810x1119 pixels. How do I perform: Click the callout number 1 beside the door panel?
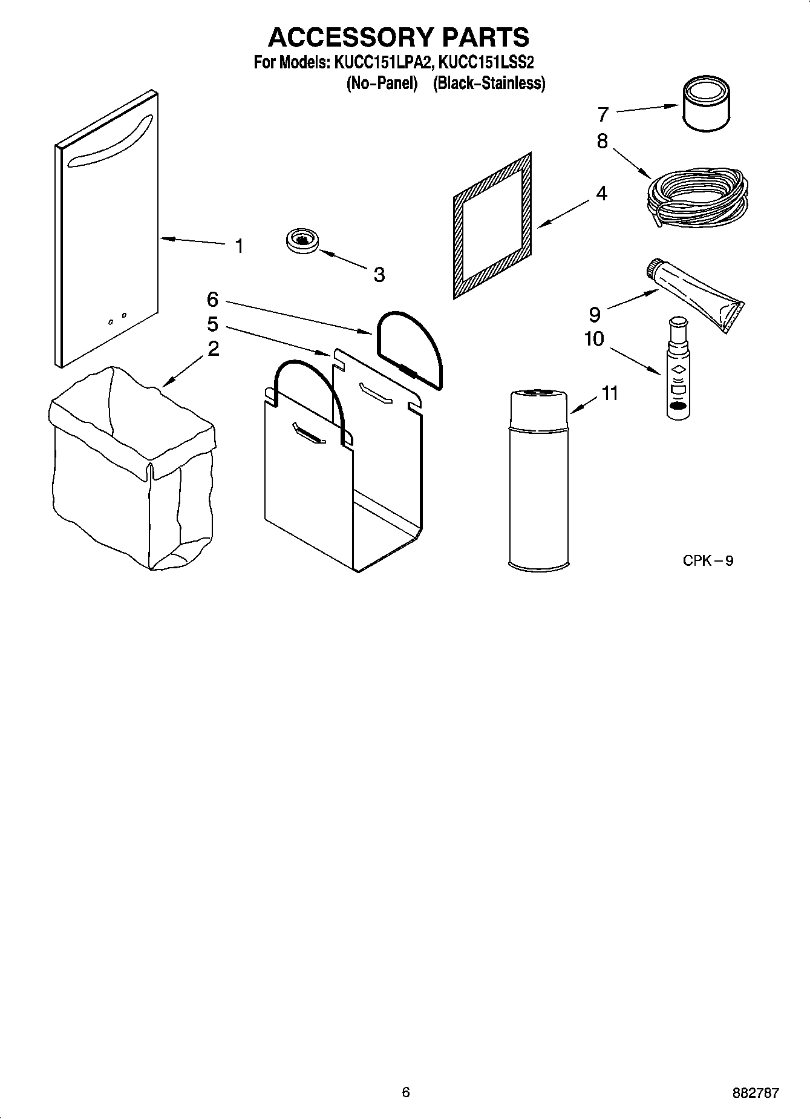[240, 246]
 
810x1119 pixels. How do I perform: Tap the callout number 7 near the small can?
[603, 114]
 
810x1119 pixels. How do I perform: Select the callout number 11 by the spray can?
[610, 393]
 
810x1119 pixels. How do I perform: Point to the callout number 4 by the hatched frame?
[601, 193]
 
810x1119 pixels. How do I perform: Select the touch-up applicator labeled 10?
[678, 369]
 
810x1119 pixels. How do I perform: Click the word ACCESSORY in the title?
[347, 37]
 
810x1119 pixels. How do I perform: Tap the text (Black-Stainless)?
[489, 83]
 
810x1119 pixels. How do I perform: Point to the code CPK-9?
[707, 560]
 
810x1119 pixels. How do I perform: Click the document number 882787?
[755, 1093]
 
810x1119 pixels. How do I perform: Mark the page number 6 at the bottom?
[405, 1092]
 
